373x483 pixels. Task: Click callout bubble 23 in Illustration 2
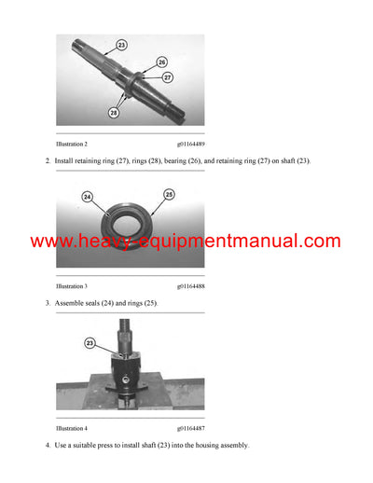pos(121,45)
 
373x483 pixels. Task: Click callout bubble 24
pos(88,197)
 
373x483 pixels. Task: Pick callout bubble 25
pos(169,195)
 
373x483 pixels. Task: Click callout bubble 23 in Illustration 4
pos(90,344)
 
